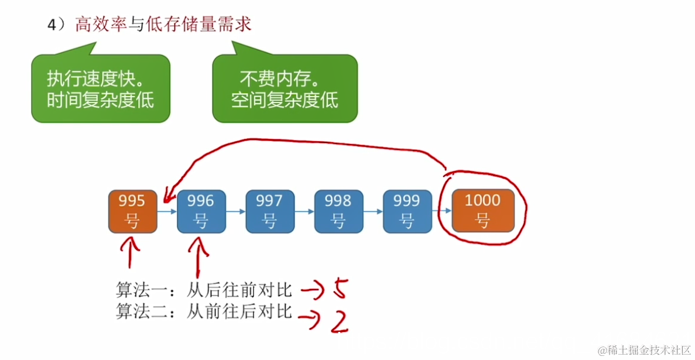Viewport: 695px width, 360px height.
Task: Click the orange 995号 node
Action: pyautogui.click(x=133, y=211)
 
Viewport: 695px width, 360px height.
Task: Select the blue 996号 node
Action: pyautogui.click(x=201, y=211)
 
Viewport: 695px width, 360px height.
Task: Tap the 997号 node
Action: pyautogui.click(x=269, y=211)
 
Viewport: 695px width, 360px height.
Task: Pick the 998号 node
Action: pyautogui.click(x=338, y=211)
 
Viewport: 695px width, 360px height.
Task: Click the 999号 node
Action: pyautogui.click(x=406, y=211)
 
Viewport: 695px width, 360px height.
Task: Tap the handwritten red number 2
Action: pyautogui.click(x=338, y=320)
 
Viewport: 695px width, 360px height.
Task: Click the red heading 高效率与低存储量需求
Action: pyautogui.click(x=163, y=25)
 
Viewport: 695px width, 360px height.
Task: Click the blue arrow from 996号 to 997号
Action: pyautogui.click(x=235, y=211)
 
